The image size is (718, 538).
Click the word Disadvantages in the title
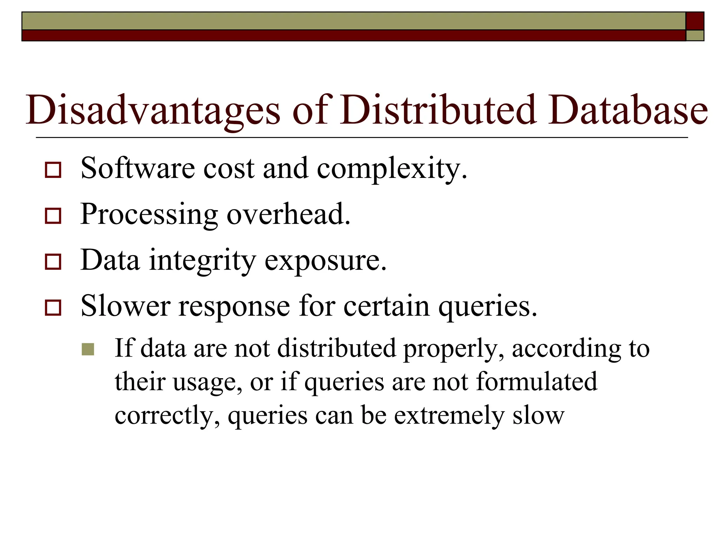click(153, 110)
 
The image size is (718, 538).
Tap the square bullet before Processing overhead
click(53, 216)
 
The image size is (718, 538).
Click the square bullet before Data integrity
click(53, 262)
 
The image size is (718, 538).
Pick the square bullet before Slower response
click(53, 308)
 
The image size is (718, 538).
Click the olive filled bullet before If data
click(88, 349)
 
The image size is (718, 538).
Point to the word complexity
click(392, 169)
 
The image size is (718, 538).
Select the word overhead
click(288, 214)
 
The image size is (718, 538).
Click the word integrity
click(203, 261)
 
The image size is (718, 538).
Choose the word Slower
click(126, 306)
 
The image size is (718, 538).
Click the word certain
click(386, 306)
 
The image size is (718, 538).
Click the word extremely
click(449, 416)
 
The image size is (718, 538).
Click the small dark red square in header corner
click(695, 21)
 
